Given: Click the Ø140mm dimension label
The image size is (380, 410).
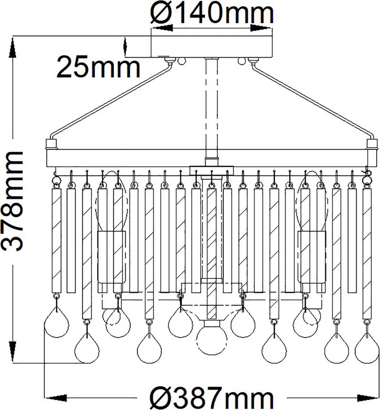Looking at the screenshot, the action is pos(212,12).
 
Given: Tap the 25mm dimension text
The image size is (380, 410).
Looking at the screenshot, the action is pos(98,67).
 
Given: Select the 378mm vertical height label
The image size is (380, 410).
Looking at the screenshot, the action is pos(12,201).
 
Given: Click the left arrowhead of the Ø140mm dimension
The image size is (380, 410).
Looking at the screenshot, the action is pos(162,28).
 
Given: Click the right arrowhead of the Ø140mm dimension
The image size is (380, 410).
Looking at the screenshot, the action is pos(261,28).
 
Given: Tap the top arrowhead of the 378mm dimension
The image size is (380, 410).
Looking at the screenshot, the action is pos(12,47).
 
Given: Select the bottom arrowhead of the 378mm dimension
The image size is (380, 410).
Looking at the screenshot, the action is pos(12,352).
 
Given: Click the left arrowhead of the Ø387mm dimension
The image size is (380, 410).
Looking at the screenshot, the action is pos(56,398).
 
